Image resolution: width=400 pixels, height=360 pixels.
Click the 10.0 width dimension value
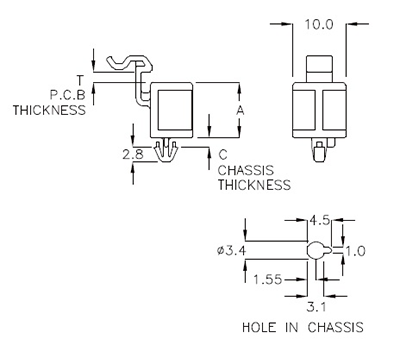tap(317, 22)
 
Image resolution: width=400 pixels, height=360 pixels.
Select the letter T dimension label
tap(80, 78)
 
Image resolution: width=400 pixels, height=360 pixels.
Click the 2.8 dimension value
tap(131, 155)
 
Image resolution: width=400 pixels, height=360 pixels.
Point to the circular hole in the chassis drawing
tap(314, 250)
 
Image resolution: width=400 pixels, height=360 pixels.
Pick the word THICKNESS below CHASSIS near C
tap(254, 185)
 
